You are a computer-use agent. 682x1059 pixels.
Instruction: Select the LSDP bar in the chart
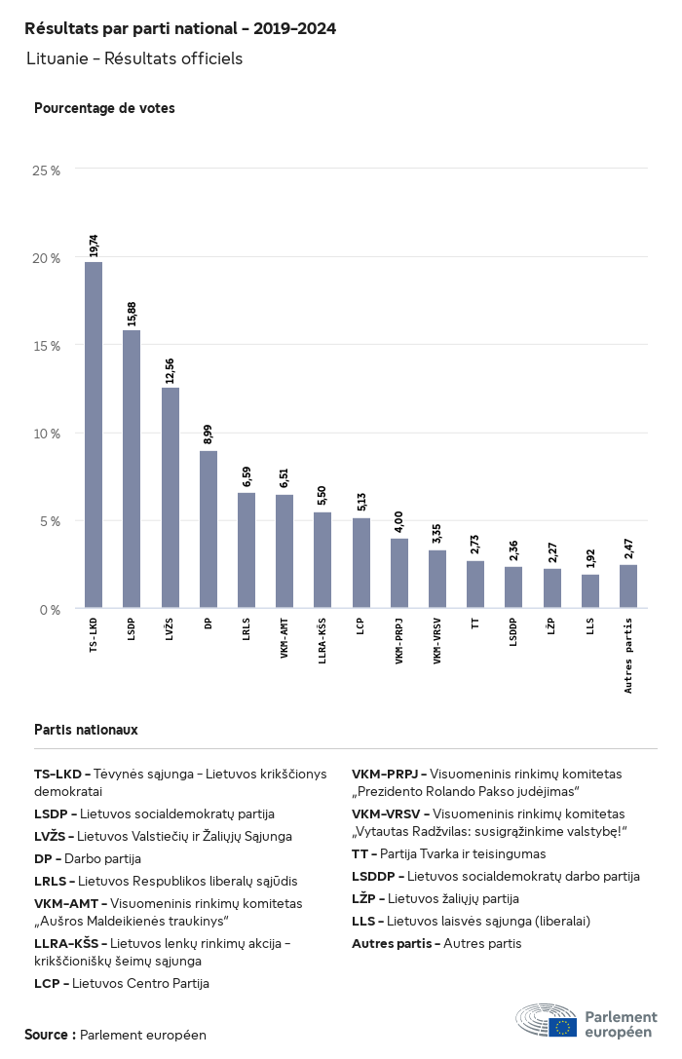(132, 469)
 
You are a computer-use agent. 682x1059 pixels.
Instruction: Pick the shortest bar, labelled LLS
(590, 591)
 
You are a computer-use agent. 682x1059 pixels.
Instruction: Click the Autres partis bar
(628, 586)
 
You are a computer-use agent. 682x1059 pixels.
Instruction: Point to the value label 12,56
(170, 369)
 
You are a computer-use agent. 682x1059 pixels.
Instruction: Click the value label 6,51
(284, 476)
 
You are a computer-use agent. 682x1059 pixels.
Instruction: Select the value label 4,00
(398, 520)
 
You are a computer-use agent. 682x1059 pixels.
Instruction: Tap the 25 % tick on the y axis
(47, 170)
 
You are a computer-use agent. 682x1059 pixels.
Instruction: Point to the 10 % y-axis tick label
(47, 434)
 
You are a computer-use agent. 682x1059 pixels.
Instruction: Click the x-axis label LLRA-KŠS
(322, 643)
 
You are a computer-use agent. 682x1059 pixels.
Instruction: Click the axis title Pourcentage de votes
(104, 108)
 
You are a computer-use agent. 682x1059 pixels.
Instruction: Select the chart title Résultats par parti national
(180, 29)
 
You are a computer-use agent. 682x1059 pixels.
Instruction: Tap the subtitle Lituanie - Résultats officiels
(134, 59)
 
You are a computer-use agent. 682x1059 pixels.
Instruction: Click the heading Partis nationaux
(86, 729)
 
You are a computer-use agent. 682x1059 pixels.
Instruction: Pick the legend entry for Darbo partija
(88, 858)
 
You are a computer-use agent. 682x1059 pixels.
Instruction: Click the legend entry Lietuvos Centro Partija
(122, 983)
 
